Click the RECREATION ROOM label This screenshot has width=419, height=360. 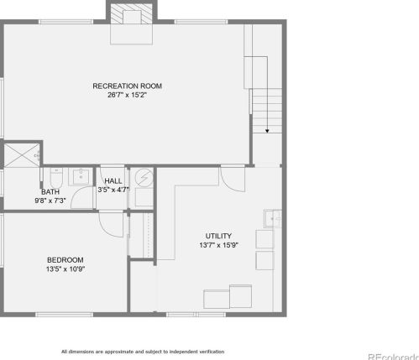coord(127,86)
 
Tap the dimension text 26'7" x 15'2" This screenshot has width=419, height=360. coord(127,95)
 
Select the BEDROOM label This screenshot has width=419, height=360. coord(65,260)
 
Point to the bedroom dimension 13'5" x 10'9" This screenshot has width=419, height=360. coord(65,269)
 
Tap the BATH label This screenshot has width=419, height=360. coord(50,192)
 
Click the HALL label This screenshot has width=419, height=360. coord(113,181)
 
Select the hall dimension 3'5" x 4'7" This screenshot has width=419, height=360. coord(113,190)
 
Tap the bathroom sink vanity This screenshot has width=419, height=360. coord(81,176)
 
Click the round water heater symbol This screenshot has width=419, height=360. coord(144,178)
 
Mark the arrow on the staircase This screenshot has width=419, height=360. coord(268,130)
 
